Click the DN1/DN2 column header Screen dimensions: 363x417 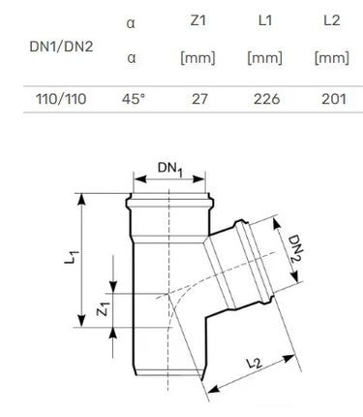coord(61,47)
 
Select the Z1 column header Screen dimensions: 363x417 coord(197,20)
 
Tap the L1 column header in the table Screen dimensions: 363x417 coord(265,20)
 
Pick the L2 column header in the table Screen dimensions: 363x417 coord(332,20)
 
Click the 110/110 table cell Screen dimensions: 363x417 coord(61,99)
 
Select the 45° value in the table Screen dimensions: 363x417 coord(134,99)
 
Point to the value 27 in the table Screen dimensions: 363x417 coord(199,99)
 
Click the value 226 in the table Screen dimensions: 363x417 coord(266,99)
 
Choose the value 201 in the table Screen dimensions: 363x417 coord(334,99)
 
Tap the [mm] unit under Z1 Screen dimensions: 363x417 coord(197,58)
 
